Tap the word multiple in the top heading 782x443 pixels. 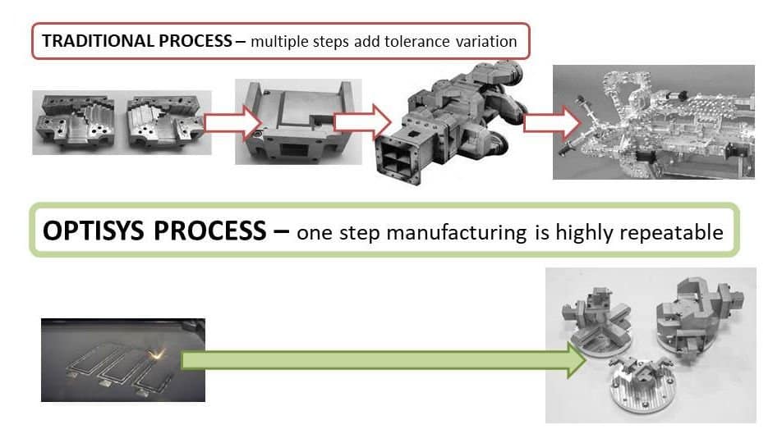tap(282, 42)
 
